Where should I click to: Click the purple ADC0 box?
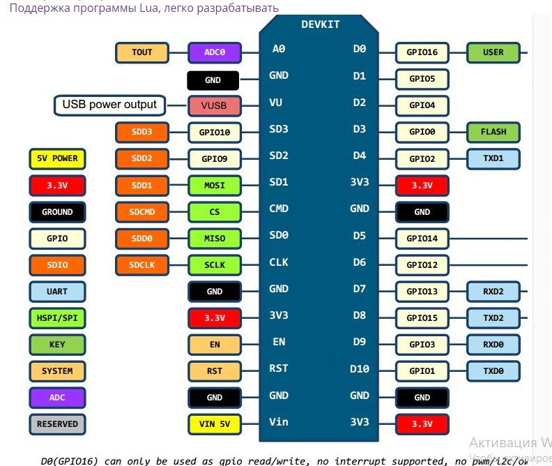(x=215, y=52)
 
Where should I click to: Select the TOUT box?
(x=142, y=52)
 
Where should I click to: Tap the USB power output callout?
(x=110, y=105)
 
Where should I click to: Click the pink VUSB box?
(x=215, y=106)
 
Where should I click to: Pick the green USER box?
(x=493, y=52)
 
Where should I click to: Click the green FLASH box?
(x=493, y=132)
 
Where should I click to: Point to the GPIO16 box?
(x=422, y=52)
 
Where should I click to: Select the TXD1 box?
(x=493, y=158)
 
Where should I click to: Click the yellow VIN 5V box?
(x=215, y=423)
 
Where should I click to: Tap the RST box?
(x=215, y=370)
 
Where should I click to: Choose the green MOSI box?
(x=215, y=185)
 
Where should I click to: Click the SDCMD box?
(x=142, y=211)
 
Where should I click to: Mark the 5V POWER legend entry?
(x=57, y=158)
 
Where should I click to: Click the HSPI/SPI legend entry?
(x=57, y=317)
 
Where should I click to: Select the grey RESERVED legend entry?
(x=57, y=423)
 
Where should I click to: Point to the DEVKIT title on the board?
(x=320, y=24)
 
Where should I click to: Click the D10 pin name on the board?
(x=359, y=368)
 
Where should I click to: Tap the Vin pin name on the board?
(x=278, y=421)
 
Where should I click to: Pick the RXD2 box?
(x=493, y=291)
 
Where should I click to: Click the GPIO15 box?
(x=422, y=317)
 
